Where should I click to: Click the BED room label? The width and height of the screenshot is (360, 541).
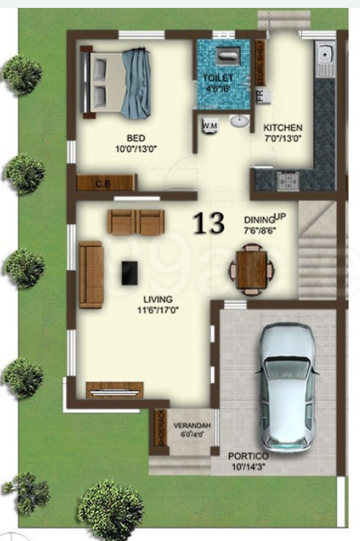coord(136,137)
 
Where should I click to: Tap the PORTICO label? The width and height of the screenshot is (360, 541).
coord(248,456)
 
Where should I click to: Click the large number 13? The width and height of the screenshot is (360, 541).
coord(208,223)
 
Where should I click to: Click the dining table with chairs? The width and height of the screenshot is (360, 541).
coord(251,269)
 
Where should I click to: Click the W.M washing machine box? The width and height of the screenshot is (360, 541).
coord(211,124)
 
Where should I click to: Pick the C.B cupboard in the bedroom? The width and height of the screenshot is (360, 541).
coord(105,184)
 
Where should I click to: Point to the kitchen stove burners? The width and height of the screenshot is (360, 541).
coord(288,180)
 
